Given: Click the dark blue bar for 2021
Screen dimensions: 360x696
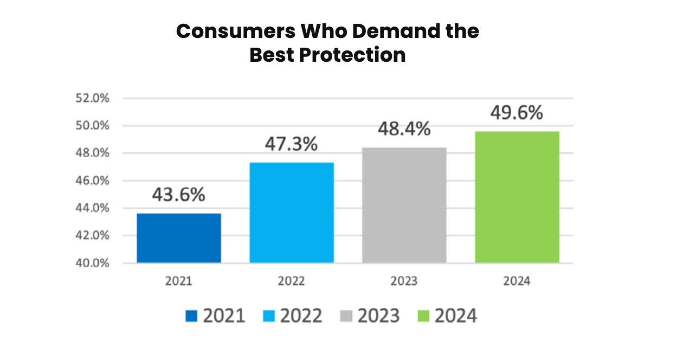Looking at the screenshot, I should pos(179,238).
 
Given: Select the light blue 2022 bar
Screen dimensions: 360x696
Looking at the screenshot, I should pos(292,213).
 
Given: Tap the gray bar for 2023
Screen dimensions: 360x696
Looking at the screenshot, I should pos(404,205).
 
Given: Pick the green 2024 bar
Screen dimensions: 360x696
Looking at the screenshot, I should pos(517,197).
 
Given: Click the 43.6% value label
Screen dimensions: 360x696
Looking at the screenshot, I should pos(178,195).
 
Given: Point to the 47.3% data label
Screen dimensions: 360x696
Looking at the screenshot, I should pos(291,144).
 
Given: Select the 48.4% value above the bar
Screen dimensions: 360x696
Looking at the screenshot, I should pos(404,129).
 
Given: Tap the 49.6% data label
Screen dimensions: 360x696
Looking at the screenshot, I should pos(517,113).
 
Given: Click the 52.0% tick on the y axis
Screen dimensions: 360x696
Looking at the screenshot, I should pos(94,99).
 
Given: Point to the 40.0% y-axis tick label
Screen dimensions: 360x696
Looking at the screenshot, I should pos(94,263).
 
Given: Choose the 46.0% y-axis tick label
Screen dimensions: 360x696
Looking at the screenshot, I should pos(94,181).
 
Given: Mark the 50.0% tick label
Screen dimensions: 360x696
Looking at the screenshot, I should pos(94,126).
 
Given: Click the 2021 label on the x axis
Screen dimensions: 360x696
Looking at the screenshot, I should pos(179,281).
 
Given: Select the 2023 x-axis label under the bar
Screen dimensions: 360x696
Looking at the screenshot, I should pos(404,281).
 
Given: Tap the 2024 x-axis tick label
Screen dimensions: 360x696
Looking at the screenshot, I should pos(517,281).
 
